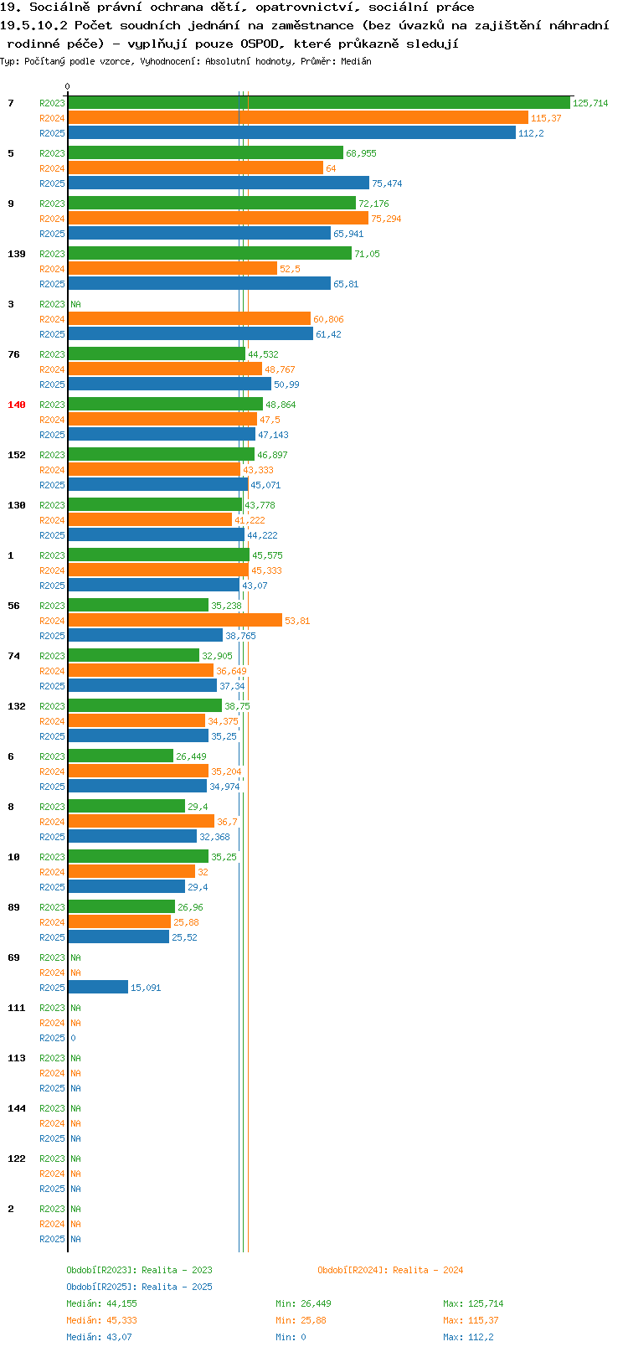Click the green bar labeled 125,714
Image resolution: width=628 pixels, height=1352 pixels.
[x=319, y=103]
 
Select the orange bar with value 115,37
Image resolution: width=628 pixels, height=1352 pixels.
[x=298, y=118]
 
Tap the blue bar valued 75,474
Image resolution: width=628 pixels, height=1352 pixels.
[x=219, y=183]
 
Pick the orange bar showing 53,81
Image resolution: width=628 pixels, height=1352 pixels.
[x=175, y=621]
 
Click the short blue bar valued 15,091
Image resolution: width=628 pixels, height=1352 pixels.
[x=98, y=988]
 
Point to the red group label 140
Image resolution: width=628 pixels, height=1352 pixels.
[x=17, y=405]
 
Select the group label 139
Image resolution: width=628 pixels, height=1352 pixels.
[x=17, y=254]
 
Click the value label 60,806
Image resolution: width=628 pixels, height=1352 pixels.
[x=328, y=319]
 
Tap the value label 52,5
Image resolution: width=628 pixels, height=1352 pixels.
[x=290, y=269]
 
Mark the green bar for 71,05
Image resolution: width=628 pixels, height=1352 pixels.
[x=210, y=254]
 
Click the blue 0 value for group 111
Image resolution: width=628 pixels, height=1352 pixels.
[x=73, y=1038]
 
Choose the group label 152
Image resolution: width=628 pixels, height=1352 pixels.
[x=17, y=455]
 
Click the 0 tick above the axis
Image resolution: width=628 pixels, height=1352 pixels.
[x=67, y=87]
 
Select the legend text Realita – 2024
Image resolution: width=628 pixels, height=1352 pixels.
[x=428, y=1270]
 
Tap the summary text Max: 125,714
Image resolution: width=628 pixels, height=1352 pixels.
[x=473, y=1303]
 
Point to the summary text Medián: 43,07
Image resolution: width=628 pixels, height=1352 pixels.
[x=99, y=1337]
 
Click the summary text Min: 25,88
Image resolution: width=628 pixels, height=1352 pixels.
[x=301, y=1321]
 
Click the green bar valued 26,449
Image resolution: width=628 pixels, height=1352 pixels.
[x=121, y=756]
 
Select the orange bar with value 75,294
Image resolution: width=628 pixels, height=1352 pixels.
[x=219, y=219]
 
